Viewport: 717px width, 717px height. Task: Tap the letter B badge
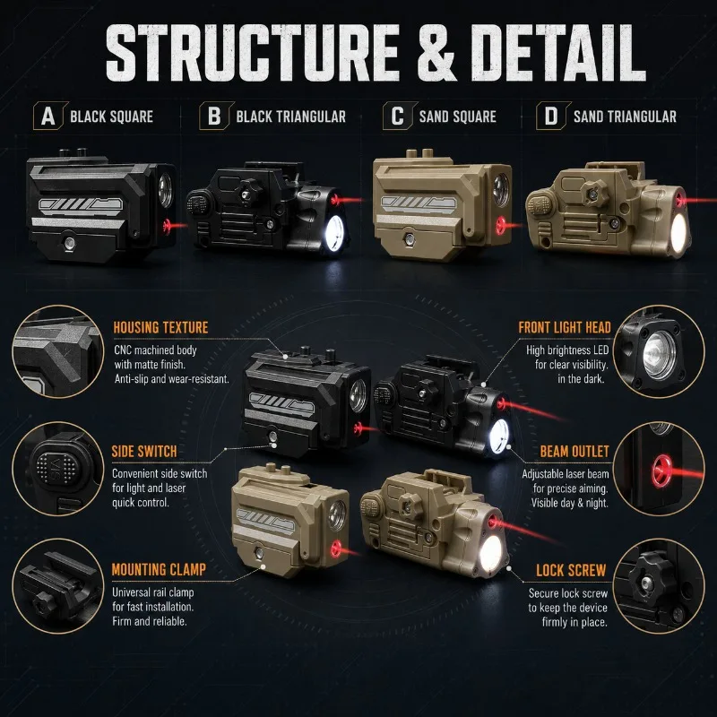tap(216, 116)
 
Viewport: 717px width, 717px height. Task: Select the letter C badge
tap(400, 116)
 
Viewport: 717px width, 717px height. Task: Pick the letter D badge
tap(553, 116)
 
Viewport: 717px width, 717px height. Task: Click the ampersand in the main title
tap(436, 54)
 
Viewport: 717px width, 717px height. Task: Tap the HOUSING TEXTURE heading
tap(160, 327)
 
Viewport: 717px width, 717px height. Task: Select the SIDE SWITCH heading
tap(144, 452)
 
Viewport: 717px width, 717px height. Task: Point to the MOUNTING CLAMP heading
tap(159, 569)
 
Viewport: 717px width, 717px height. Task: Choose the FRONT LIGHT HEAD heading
tap(565, 327)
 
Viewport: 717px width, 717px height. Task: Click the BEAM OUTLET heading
tap(574, 452)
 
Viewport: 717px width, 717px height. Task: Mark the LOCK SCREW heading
tap(571, 570)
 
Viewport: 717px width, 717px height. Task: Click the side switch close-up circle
tap(58, 468)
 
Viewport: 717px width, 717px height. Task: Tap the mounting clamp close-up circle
tap(58, 586)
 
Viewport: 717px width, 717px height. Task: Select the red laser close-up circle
tap(659, 468)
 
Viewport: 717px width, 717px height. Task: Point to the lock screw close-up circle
tap(659, 586)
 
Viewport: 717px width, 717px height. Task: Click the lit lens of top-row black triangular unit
tap(334, 233)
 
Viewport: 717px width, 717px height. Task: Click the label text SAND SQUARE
tap(458, 117)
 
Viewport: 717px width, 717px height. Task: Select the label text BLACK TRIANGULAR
tap(290, 117)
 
